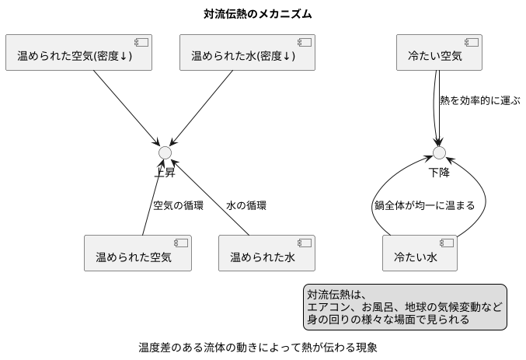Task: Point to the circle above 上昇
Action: pos(165,152)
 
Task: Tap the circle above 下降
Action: pos(439,152)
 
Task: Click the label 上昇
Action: pos(165,172)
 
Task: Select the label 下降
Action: pos(439,172)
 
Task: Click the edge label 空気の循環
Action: pos(178,206)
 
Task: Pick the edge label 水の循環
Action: pos(246,206)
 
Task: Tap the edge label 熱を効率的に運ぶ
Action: pos(479,101)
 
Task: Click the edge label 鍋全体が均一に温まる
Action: pos(423,206)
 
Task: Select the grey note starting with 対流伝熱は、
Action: pos(404,307)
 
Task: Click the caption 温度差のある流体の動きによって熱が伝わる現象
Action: pos(257,347)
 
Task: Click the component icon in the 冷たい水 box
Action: pos(448,243)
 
